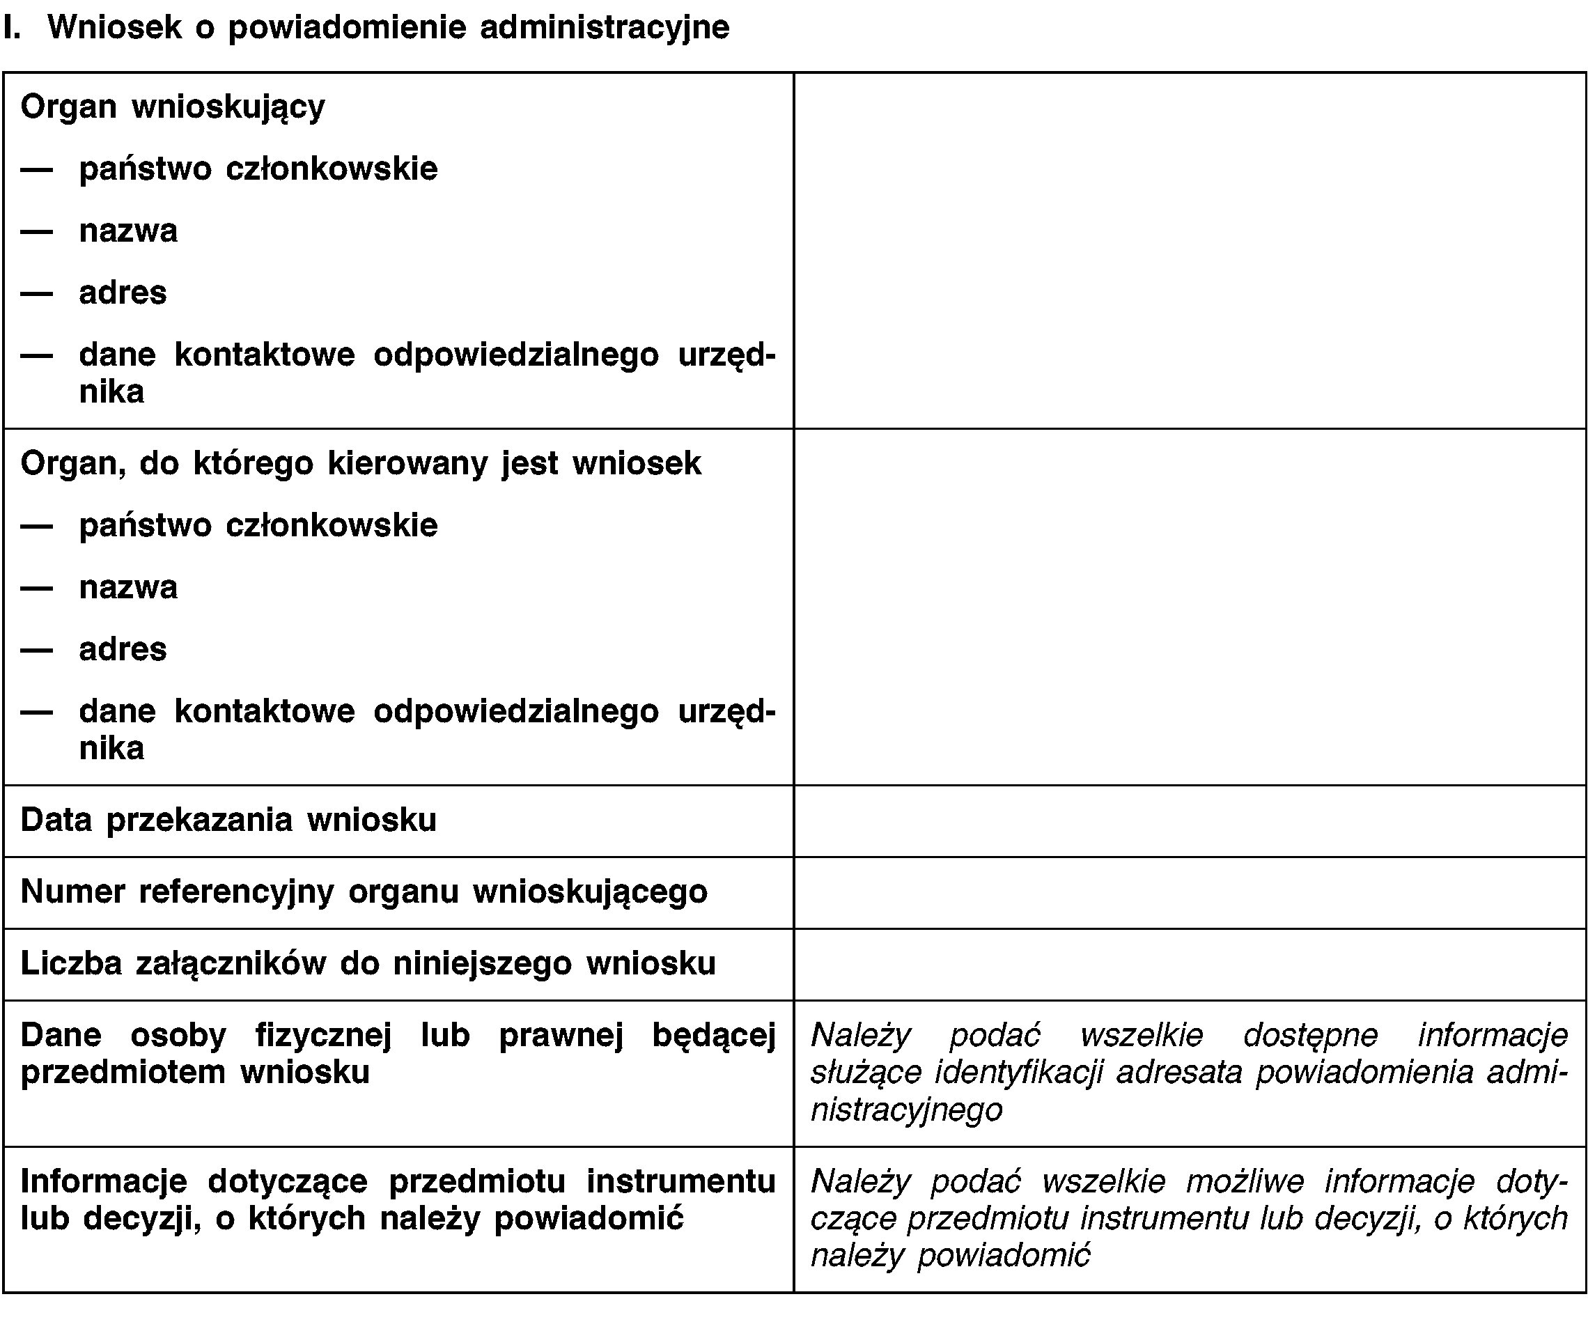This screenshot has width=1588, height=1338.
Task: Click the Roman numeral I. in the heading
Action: [x=10, y=28]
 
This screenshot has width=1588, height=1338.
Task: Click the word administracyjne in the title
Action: [x=605, y=28]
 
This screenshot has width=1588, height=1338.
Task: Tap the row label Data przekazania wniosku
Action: [x=228, y=820]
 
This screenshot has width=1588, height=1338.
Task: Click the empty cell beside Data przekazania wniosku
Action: [x=1189, y=820]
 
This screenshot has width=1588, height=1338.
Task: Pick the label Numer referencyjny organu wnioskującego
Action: [x=364, y=892]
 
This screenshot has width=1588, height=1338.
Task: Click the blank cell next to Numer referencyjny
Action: [x=1189, y=892]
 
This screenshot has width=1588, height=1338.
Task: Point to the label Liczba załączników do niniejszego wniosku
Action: [x=368, y=963]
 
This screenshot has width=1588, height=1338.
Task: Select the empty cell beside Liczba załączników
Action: [x=1189, y=964]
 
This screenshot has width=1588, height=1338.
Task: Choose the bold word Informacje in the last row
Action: [x=104, y=1182]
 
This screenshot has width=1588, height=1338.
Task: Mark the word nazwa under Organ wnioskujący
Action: [x=128, y=231]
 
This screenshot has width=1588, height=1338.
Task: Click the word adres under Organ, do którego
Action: [x=123, y=649]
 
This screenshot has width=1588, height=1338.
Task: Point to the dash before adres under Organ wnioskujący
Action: [x=36, y=293]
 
